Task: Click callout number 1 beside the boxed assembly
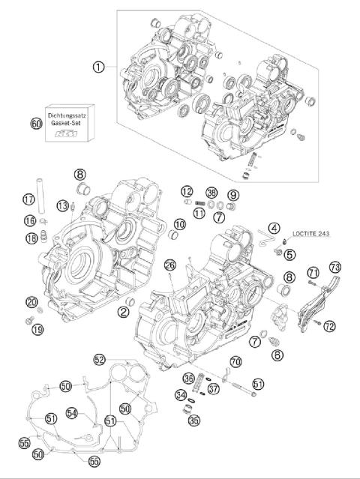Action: click(98, 67)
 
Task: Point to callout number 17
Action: click(28, 200)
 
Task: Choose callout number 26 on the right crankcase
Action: click(170, 265)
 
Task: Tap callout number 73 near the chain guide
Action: click(334, 267)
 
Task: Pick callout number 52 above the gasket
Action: click(99, 360)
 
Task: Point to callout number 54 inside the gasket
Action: click(93, 412)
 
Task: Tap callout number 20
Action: click(31, 302)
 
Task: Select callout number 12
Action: click(187, 191)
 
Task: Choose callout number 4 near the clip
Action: click(274, 227)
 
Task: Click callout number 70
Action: click(236, 362)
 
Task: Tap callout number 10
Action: click(179, 224)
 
